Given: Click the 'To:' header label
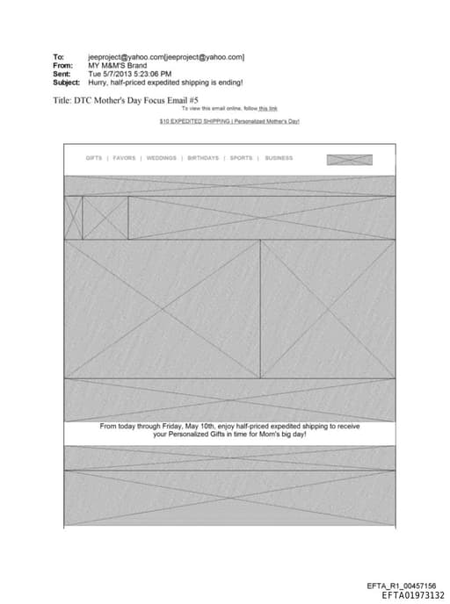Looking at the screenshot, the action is (x=58, y=57).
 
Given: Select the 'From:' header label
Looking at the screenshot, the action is (x=62, y=65).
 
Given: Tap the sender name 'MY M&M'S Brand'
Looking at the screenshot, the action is (x=117, y=65).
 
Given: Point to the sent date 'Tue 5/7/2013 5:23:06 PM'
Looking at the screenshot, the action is (x=130, y=74).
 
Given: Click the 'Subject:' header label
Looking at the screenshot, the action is (x=66, y=82).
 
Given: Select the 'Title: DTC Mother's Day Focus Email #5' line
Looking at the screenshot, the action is (x=127, y=100).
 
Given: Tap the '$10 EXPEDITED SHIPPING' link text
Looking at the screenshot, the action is (x=194, y=121).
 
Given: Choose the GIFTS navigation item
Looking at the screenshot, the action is (x=94, y=159).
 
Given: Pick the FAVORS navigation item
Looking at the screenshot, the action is (x=124, y=159).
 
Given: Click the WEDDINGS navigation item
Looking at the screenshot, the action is (x=161, y=159).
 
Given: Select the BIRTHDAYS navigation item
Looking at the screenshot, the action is (x=203, y=159).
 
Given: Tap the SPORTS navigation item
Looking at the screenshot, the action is (x=241, y=159).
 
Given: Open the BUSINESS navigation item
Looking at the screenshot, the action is (x=279, y=159).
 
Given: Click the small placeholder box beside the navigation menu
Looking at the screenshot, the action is (x=349, y=160).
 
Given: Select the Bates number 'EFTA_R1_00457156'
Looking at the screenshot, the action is (x=401, y=586).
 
